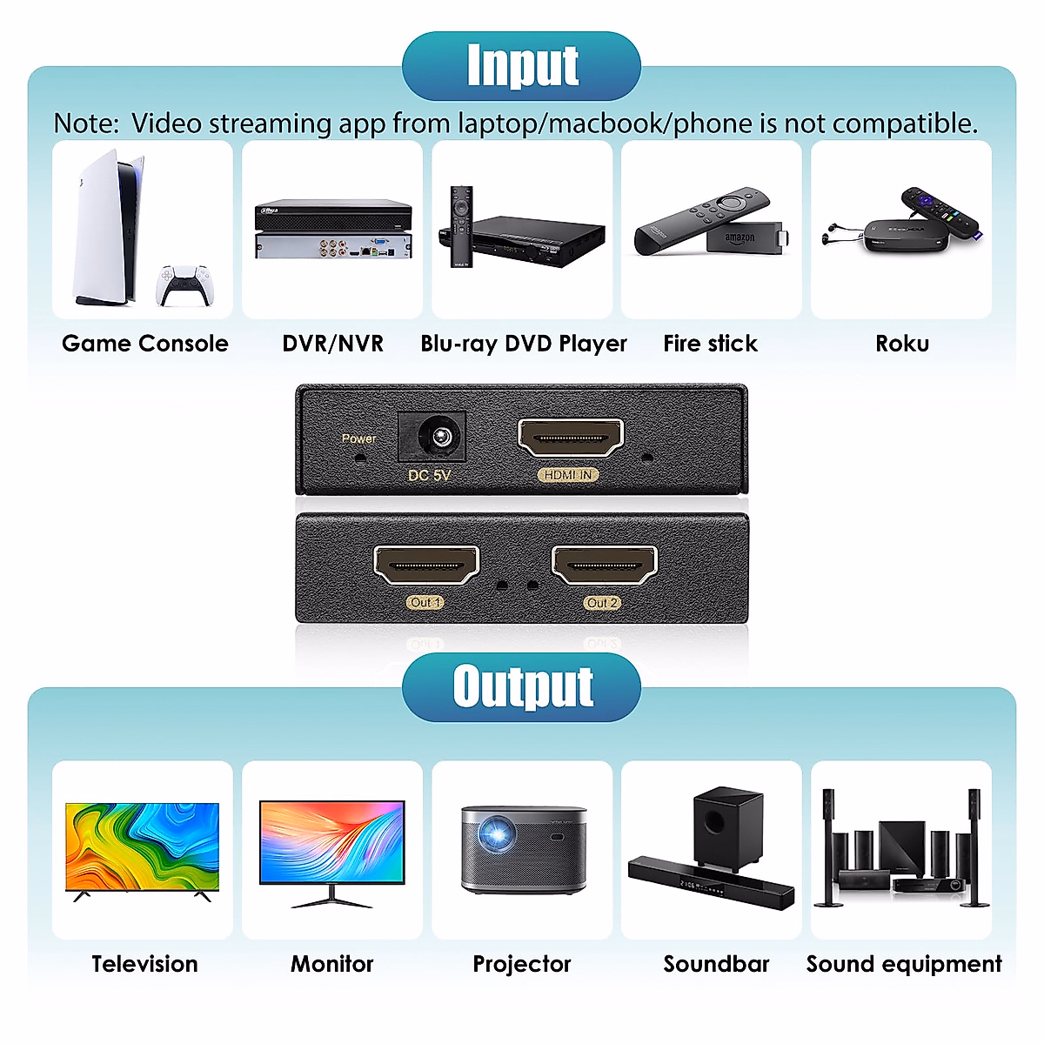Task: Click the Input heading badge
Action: (x=522, y=66)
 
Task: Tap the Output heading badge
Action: (x=522, y=686)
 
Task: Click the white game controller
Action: (x=184, y=285)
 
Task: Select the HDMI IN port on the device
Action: (x=571, y=437)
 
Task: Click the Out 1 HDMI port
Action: (x=426, y=565)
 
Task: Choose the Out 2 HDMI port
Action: (x=605, y=565)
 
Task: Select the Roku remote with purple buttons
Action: (x=943, y=214)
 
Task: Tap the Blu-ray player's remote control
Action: (x=461, y=226)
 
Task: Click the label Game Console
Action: (x=145, y=344)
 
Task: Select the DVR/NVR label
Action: (x=332, y=344)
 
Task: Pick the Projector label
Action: (x=522, y=964)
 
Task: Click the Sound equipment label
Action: (x=904, y=964)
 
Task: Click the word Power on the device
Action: (x=358, y=438)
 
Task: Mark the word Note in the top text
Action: (x=84, y=124)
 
